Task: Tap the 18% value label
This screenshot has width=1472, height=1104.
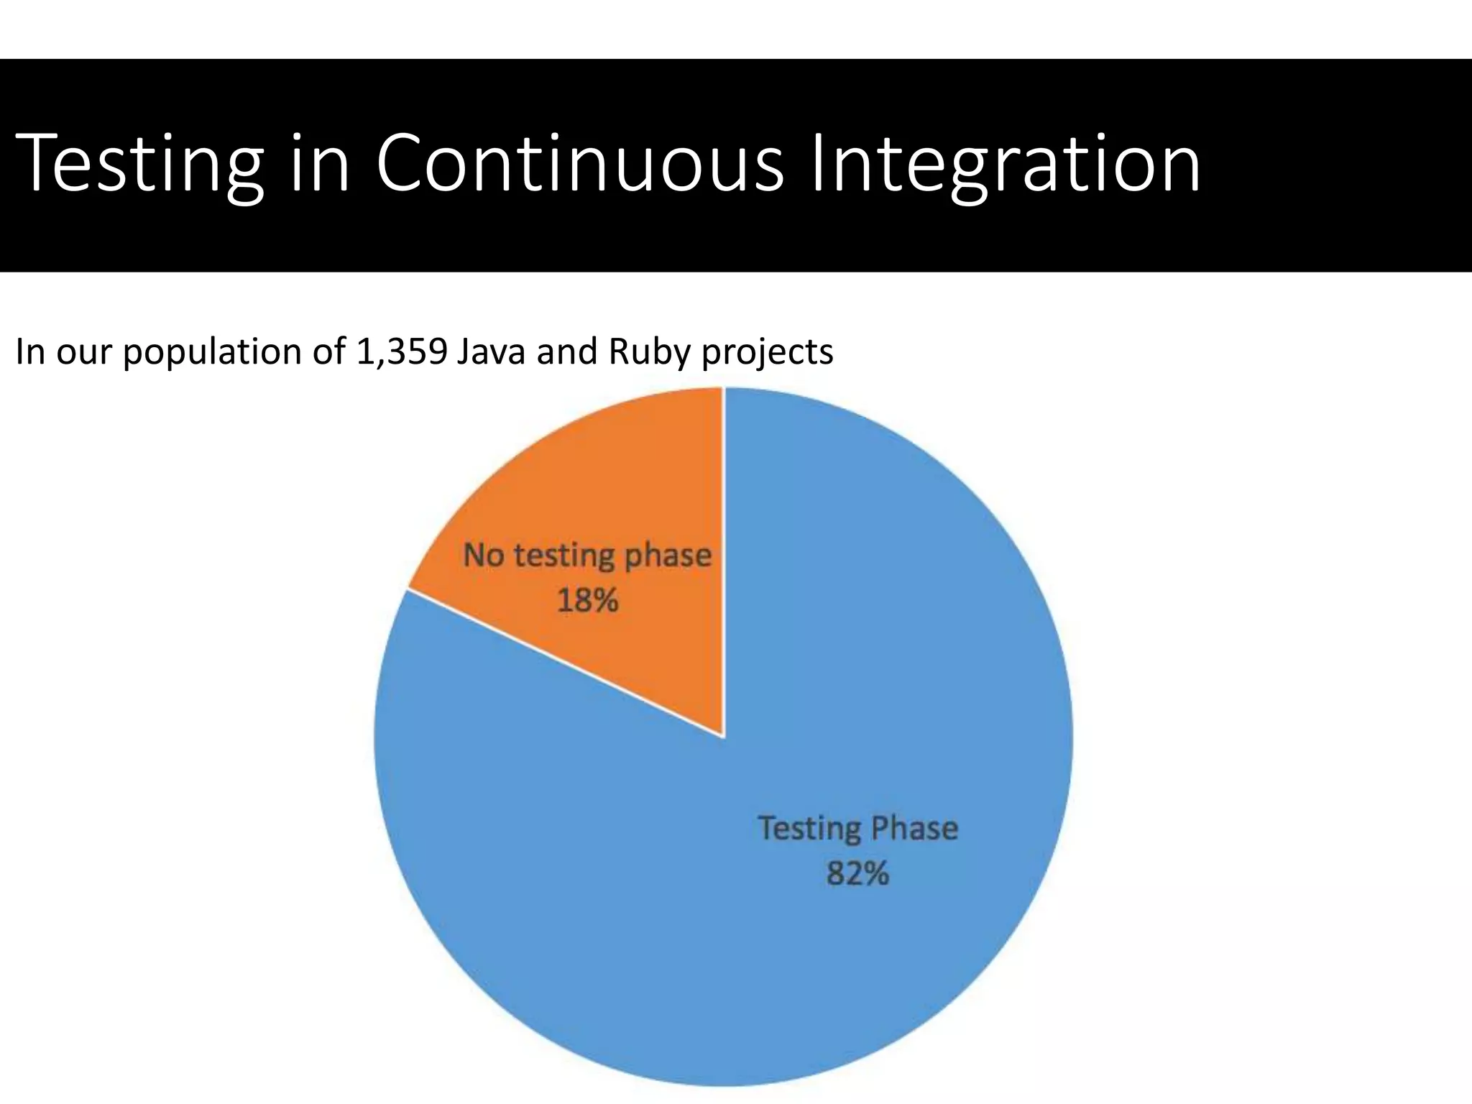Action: tap(587, 600)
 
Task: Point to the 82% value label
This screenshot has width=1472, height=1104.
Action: tap(857, 874)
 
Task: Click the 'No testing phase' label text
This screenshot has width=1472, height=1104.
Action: tap(587, 556)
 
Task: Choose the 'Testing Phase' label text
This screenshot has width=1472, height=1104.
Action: tap(857, 829)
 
